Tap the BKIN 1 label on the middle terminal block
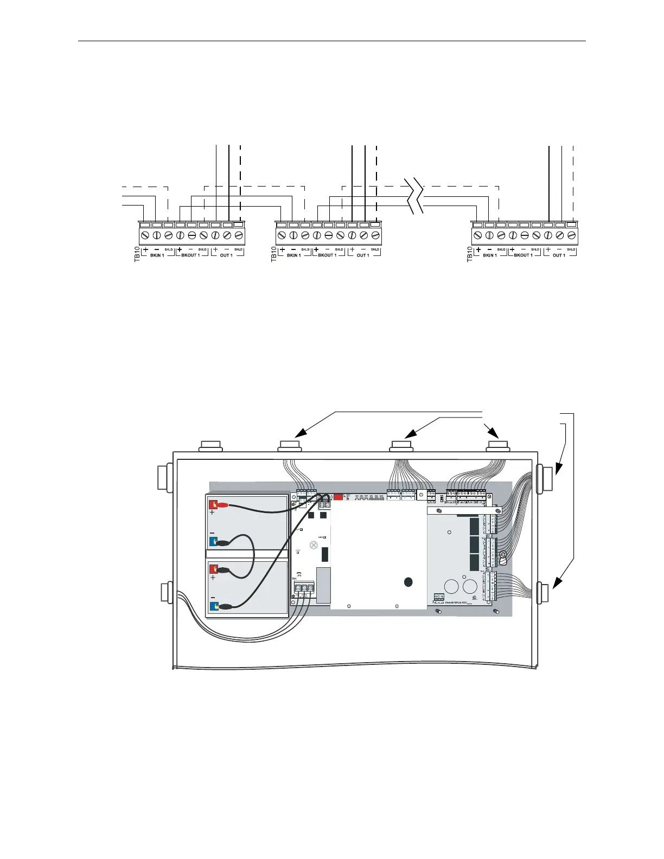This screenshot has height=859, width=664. (x=293, y=255)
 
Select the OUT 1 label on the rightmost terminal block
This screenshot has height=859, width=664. (x=558, y=255)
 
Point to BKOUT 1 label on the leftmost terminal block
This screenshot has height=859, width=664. (x=190, y=255)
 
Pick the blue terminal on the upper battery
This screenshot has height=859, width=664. (x=213, y=541)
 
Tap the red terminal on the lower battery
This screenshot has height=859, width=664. (x=213, y=569)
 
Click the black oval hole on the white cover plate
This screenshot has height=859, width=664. (x=407, y=582)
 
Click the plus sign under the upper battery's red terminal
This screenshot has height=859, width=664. (x=213, y=512)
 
